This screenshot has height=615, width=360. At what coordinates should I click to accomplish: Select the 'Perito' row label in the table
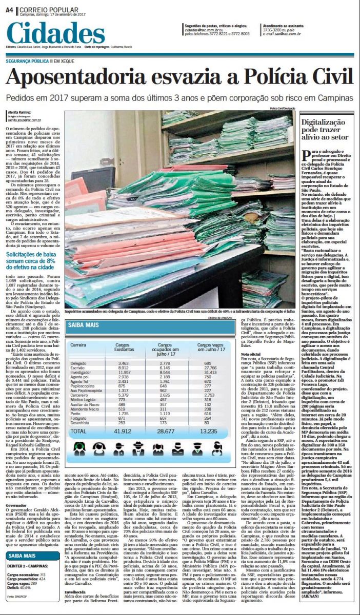click(75, 413)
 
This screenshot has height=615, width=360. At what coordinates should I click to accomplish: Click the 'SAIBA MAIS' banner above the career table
click(85, 324)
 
